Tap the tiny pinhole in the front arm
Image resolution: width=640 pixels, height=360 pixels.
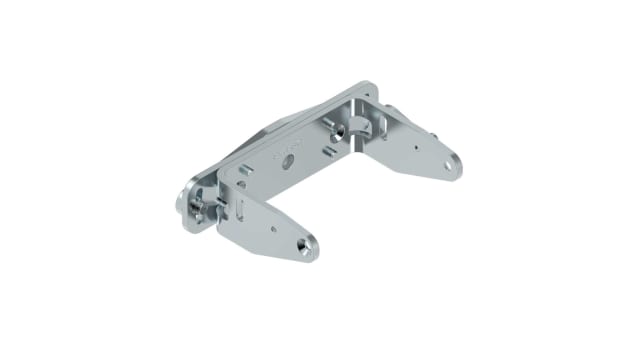click(273, 227)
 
